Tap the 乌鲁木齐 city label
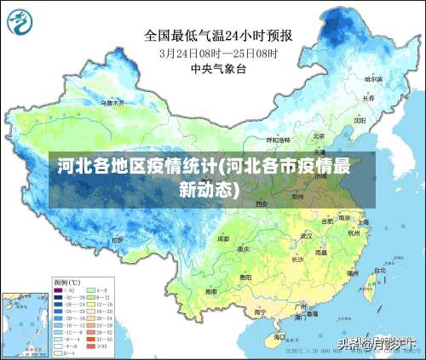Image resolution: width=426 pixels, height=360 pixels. [112, 102]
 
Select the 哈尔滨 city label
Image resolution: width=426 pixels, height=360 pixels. [373, 78]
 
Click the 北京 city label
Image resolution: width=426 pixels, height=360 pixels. [318, 135]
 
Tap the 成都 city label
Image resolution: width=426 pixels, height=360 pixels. [223, 239]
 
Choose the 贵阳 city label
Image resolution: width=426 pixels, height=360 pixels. [245, 277]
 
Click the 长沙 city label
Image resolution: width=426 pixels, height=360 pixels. [298, 260]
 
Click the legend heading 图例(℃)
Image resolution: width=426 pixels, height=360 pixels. [66, 281]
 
